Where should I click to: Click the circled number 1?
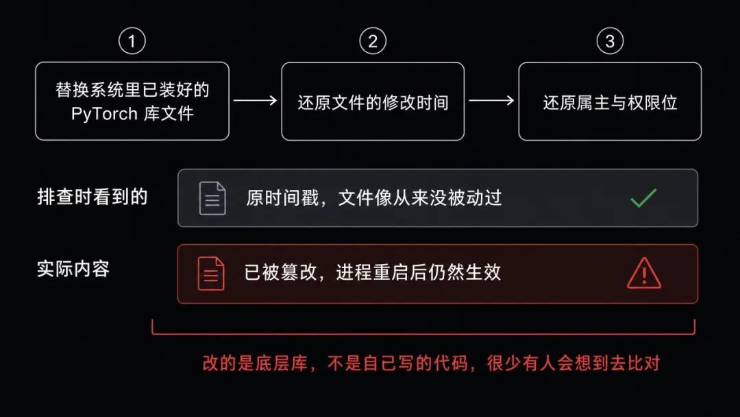click(x=132, y=41)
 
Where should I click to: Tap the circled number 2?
click(x=373, y=41)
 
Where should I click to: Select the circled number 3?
click(x=610, y=41)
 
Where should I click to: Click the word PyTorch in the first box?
click(x=104, y=114)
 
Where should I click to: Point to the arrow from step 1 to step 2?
click(x=256, y=100)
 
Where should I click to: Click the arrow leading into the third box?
click(x=491, y=100)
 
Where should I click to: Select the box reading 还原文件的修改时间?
click(x=373, y=101)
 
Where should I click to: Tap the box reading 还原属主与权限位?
click(x=610, y=101)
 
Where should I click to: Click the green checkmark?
click(x=643, y=198)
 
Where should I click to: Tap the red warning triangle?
click(x=643, y=274)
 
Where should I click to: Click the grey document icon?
click(x=212, y=198)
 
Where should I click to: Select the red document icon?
click(x=211, y=274)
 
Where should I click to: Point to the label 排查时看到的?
click(x=92, y=197)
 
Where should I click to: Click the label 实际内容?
click(x=73, y=269)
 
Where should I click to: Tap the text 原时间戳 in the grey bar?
click(x=282, y=198)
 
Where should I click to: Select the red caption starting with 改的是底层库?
click(x=431, y=364)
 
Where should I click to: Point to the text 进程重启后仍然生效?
click(x=419, y=272)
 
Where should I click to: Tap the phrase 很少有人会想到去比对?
click(x=573, y=364)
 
